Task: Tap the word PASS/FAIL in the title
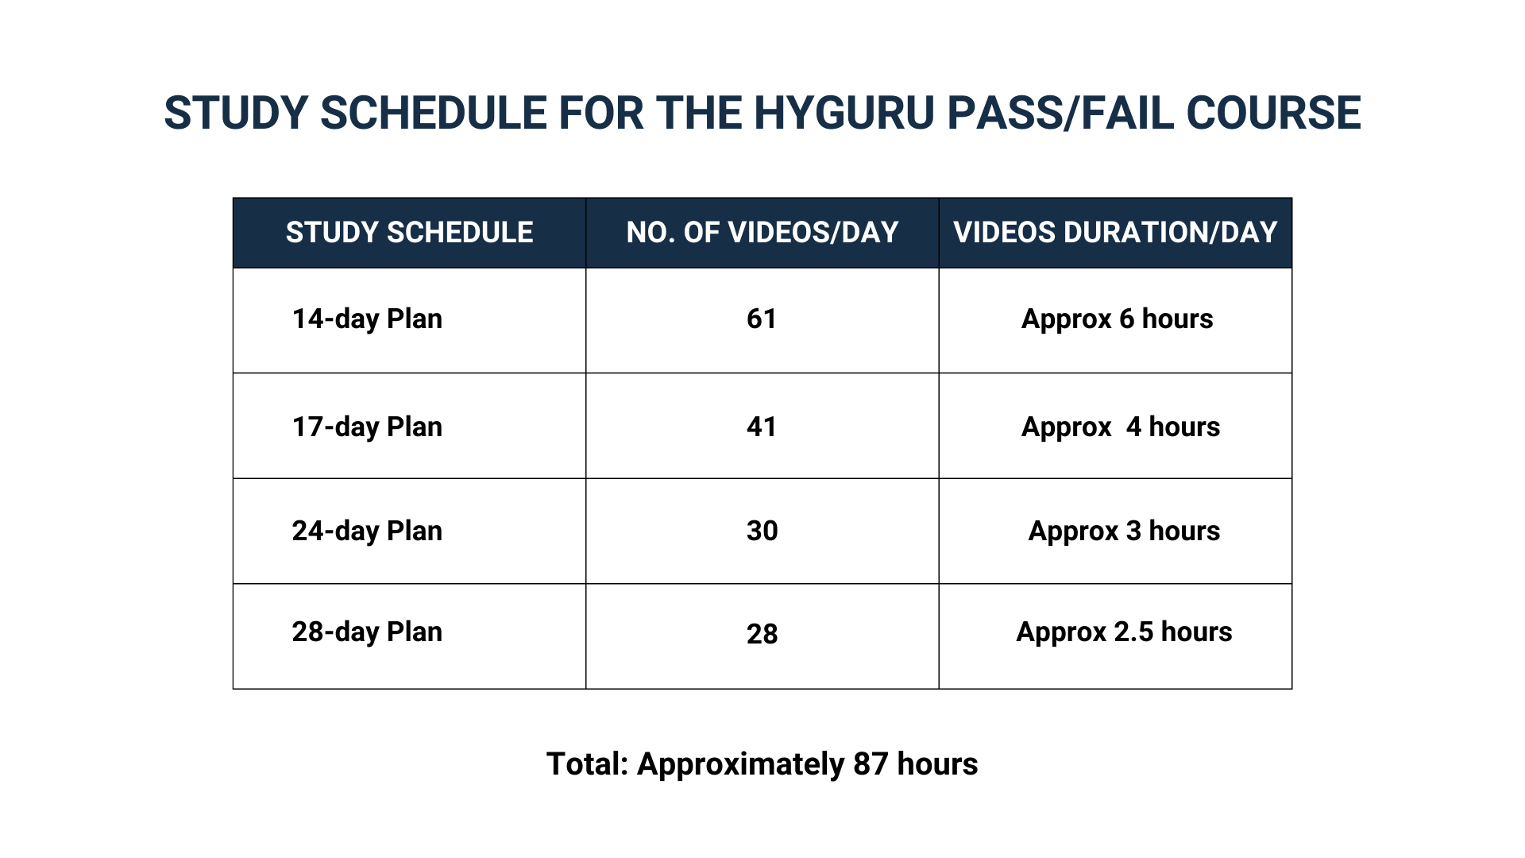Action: pos(1060,113)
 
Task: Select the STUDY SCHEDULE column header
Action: pos(409,232)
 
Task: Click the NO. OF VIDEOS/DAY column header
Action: pos(762,232)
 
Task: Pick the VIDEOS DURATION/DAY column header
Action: pos(1115,232)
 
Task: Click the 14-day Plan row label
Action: pos(367,319)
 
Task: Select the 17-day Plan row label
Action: pos(367,427)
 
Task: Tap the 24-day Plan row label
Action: pos(367,531)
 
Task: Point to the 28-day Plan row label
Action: pos(367,632)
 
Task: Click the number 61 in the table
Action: pos(762,319)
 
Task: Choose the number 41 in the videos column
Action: pos(762,427)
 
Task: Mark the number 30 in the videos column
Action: pos(762,531)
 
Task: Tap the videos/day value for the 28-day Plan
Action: pos(762,634)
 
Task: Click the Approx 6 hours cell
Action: pos(1117,319)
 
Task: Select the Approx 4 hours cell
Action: pos(1121,427)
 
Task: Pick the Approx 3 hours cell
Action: pos(1124,531)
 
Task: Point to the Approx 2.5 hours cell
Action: pos(1124,632)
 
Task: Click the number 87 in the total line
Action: pos(871,764)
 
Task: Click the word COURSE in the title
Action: pos(1273,113)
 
